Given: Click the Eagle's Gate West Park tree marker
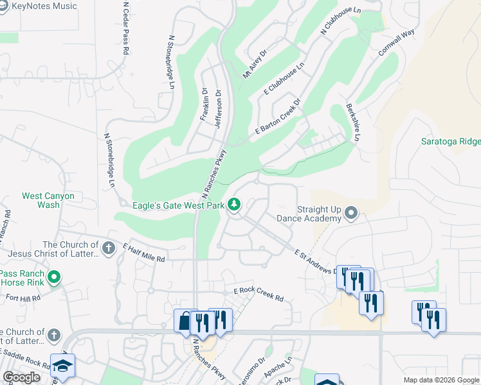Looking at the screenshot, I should coord(235,205).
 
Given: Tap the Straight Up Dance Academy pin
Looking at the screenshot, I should coord(351,212).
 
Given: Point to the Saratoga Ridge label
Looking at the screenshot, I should coord(450,141).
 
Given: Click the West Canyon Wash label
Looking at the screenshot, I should coord(48,200).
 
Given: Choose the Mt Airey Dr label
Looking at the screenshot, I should coord(254,65).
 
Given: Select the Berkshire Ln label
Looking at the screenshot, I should coord(353,122).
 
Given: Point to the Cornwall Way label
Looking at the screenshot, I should coord(395,43).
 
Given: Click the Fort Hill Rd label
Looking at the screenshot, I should coord(24,298).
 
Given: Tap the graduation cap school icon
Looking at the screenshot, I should coord(62,366).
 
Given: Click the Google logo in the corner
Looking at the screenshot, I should coord(21,377).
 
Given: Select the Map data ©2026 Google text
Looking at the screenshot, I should coord(440,380).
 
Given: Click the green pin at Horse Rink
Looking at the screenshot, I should coord(54,277).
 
